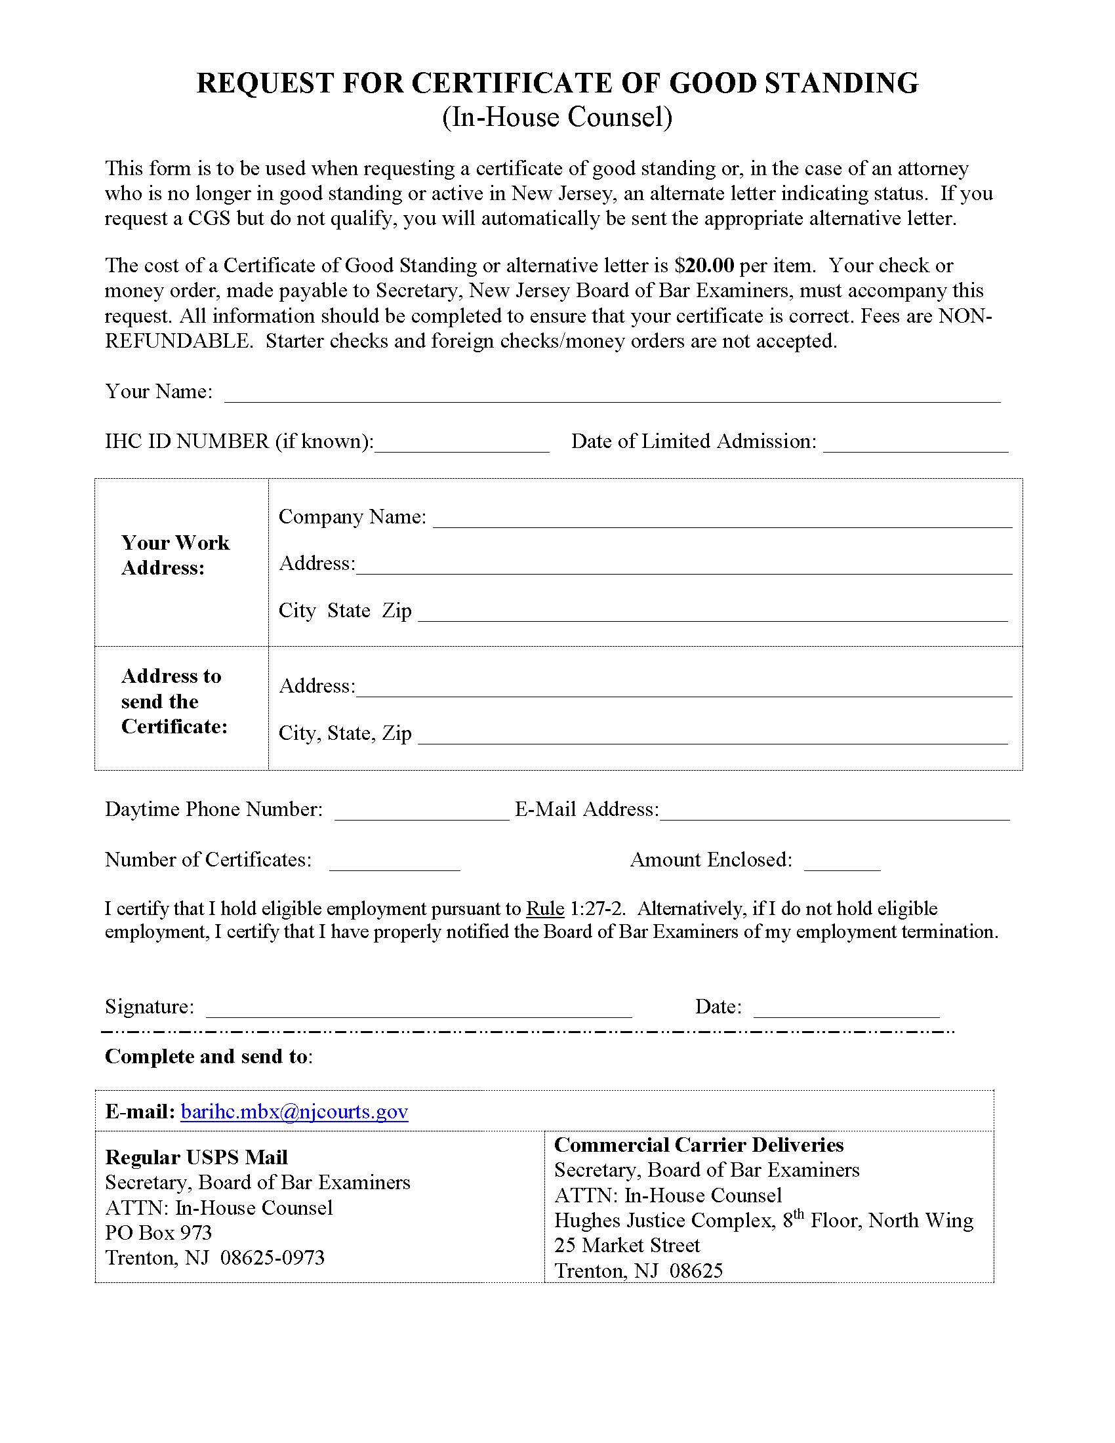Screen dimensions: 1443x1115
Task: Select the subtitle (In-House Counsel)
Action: point(557,117)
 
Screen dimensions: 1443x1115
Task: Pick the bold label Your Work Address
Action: point(175,555)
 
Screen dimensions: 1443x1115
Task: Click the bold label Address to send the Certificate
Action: point(174,701)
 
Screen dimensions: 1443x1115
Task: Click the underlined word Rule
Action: point(545,909)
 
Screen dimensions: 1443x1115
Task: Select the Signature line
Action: point(419,1010)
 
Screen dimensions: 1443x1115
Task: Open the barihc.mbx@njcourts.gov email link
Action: point(294,1112)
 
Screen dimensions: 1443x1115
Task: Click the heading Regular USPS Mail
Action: point(196,1157)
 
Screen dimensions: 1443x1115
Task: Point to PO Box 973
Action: point(159,1232)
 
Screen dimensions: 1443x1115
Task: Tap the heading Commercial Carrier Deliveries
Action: point(699,1145)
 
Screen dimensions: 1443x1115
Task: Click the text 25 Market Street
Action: point(627,1245)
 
